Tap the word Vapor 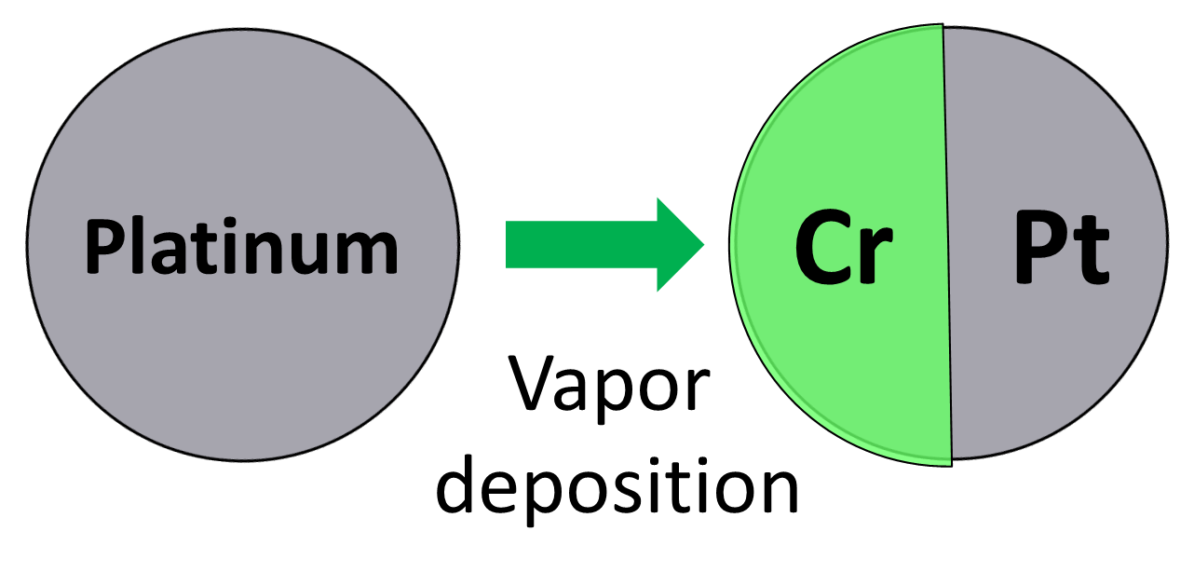tap(610, 385)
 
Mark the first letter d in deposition tap(456, 484)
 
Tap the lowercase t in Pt tap(1092, 253)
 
